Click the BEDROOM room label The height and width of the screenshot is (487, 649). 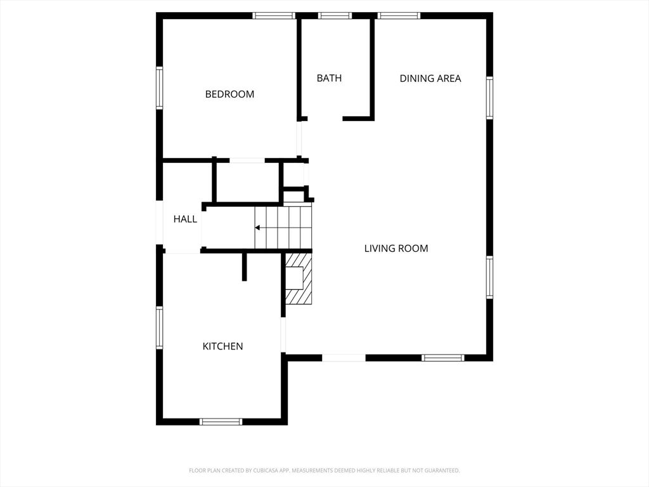point(229,94)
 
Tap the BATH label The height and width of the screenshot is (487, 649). point(329,78)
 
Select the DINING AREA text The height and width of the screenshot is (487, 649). point(430,79)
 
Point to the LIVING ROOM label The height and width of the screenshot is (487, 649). point(396,249)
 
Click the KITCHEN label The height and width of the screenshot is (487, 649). point(222,346)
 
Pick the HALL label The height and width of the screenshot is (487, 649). point(185,219)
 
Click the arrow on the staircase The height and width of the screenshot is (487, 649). point(258,227)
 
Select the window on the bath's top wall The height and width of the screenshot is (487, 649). point(335,16)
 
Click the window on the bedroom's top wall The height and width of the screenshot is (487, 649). point(274,16)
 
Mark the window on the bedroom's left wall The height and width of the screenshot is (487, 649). point(160,88)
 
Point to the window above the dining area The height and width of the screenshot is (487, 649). point(399,16)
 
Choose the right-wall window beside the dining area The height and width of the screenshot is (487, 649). point(489,98)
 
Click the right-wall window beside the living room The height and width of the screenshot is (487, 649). point(489,277)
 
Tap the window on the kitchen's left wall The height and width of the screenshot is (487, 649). point(160,327)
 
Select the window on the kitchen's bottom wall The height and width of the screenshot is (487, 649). point(221,422)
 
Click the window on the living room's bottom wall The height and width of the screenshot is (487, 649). point(444,358)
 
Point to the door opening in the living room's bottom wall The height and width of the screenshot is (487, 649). point(344,358)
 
